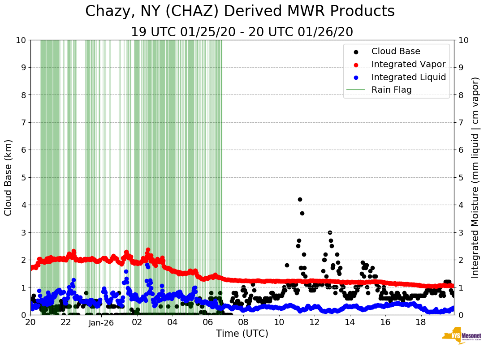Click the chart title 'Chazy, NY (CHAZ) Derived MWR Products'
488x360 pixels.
click(240, 11)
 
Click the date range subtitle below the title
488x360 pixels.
click(242, 32)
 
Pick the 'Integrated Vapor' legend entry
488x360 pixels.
click(408, 64)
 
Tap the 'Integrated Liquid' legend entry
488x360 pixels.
click(408, 77)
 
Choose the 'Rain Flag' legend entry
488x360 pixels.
click(391, 90)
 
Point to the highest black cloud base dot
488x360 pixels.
click(300, 199)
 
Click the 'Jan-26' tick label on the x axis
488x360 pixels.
click(101, 322)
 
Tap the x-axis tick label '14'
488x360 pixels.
click(350, 322)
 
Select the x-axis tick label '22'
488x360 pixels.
click(66, 322)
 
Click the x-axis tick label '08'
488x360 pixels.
click(243, 322)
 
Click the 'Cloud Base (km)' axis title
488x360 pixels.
click(9, 177)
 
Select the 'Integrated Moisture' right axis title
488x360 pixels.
click(475, 177)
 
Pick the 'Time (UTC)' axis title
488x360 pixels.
click(242, 334)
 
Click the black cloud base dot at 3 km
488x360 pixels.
click(330, 232)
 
